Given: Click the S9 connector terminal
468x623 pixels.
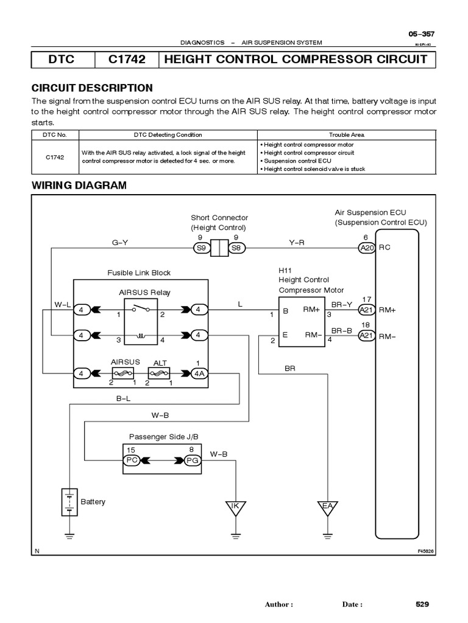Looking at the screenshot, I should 200,248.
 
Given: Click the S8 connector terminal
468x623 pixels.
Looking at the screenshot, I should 236,248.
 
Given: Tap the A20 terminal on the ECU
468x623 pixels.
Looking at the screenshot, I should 366,248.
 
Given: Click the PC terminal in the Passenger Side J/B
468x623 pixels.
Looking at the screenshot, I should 132,460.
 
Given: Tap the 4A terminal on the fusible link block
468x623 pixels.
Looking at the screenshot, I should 199,373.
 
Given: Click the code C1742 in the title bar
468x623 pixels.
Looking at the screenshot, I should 126,60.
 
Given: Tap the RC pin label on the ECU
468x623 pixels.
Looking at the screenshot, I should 385,248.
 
